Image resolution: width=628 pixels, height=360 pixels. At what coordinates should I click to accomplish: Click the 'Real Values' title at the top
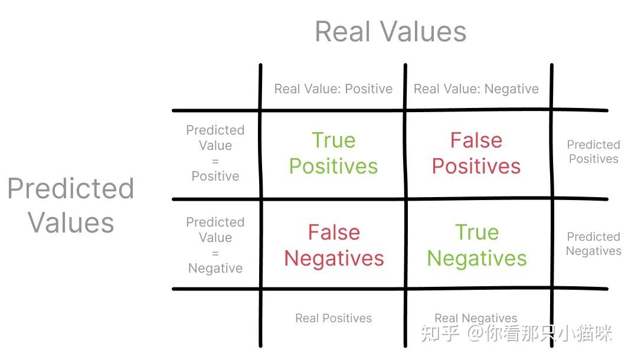point(391,32)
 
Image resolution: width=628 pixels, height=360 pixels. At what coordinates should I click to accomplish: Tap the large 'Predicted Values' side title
point(71,205)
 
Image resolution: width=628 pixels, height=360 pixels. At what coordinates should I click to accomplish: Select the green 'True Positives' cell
point(333,153)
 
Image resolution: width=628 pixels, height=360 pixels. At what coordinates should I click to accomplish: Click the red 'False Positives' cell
point(476,153)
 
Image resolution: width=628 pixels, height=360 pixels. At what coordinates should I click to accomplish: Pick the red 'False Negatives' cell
point(334,245)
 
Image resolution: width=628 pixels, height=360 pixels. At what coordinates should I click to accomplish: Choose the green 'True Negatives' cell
point(477,245)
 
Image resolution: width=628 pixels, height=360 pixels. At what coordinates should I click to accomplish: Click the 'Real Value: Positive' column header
point(333,89)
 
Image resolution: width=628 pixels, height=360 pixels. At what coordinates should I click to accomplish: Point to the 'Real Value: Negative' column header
point(476,89)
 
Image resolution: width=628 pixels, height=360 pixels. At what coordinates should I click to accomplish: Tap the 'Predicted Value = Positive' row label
point(215,153)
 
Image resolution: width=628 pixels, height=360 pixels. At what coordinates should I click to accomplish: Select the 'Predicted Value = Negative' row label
point(215,245)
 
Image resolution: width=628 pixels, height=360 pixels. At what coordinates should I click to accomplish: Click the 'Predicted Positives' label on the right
point(594,152)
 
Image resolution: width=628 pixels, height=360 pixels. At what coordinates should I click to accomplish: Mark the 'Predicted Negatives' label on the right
point(594,244)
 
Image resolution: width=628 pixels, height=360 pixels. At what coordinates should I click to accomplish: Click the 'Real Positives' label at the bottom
point(333,318)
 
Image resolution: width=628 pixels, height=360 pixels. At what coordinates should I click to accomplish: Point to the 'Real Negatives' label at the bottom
point(476,318)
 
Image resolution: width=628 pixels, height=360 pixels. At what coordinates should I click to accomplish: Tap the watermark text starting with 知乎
point(516,333)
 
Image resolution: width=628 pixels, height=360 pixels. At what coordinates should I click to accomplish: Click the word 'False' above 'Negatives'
point(334,233)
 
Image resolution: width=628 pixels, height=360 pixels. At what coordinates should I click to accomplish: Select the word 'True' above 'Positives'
point(333,140)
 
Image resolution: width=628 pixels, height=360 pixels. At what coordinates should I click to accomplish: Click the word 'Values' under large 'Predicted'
point(71,222)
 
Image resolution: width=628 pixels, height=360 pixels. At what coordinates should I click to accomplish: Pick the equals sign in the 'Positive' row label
point(215,161)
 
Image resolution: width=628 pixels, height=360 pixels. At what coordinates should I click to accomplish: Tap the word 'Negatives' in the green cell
point(477,258)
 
